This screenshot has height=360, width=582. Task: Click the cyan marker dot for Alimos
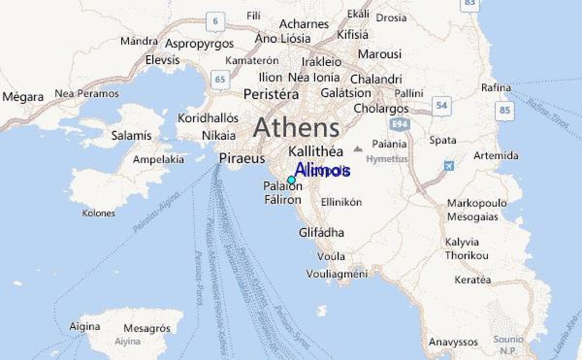[x=291, y=180]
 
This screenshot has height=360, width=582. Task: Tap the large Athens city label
[x=296, y=128]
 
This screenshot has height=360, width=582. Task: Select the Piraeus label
[x=242, y=158]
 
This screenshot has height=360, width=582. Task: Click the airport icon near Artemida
[x=449, y=166]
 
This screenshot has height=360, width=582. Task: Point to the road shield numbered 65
[x=220, y=80]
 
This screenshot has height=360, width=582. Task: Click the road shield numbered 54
[x=441, y=105]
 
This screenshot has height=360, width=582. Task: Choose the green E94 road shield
[x=400, y=125]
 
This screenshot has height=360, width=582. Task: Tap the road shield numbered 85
[x=504, y=111]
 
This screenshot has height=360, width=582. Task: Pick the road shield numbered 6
[x=215, y=21]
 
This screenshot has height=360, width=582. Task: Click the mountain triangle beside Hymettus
[x=358, y=148]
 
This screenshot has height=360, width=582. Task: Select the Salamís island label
[x=131, y=136]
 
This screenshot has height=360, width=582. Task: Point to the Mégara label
[x=23, y=97]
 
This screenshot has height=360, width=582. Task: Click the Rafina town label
[x=496, y=88]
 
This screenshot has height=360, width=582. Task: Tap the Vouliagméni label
[x=337, y=274]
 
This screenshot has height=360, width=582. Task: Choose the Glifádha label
[x=322, y=233]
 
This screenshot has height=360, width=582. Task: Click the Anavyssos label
[x=453, y=342]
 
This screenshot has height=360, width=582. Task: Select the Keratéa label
[x=472, y=280]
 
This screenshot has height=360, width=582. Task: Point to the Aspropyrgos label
[x=199, y=44]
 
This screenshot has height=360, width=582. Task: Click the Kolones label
[x=98, y=213]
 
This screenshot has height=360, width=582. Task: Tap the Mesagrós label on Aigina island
[x=147, y=328]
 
